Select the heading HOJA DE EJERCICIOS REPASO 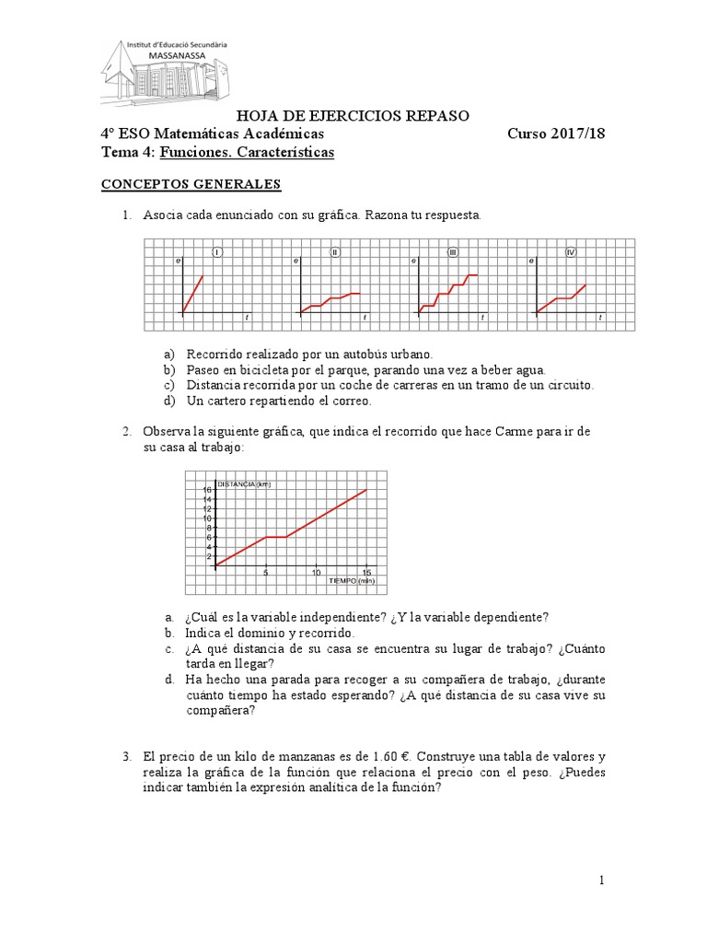[353, 115]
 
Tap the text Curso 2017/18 [556, 134]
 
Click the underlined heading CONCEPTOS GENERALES [191, 184]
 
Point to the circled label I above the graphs [217, 252]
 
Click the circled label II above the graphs [335, 252]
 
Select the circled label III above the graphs [453, 252]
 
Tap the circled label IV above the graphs [571, 252]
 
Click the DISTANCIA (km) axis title [244, 483]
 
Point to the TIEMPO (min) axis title [351, 581]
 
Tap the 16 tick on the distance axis [208, 490]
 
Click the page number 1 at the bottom [602, 881]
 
